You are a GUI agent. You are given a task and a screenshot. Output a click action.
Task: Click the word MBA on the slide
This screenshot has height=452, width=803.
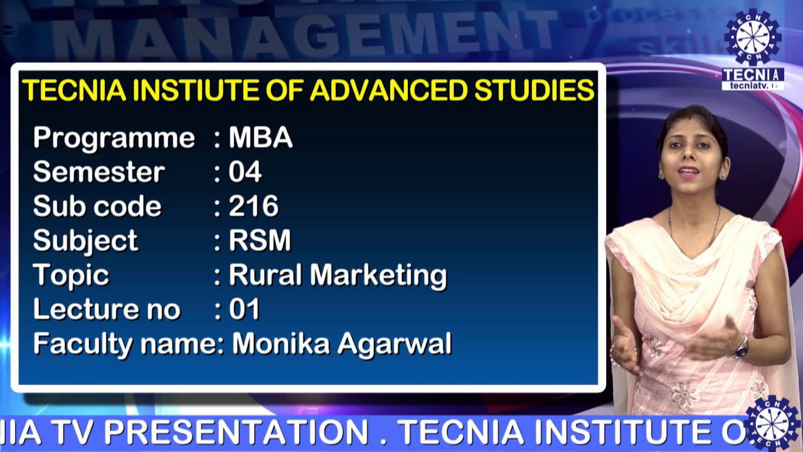point(260,137)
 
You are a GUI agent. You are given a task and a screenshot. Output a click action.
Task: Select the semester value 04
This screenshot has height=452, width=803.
point(245,172)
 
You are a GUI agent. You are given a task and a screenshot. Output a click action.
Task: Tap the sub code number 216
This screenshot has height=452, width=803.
point(253,206)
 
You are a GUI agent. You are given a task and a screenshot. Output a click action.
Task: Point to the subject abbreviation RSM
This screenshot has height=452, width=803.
point(260,240)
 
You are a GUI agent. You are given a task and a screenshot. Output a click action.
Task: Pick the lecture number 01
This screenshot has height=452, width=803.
point(244,309)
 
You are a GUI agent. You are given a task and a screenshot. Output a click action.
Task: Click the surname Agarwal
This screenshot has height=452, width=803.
point(405,343)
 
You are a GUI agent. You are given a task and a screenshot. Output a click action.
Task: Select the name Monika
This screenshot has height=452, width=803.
point(281,343)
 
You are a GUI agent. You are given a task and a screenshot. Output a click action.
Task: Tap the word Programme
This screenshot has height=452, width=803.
point(114,137)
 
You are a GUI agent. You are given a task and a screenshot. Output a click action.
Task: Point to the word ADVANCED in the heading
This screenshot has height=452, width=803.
point(388,90)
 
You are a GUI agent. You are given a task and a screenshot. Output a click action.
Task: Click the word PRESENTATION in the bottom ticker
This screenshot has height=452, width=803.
point(236,432)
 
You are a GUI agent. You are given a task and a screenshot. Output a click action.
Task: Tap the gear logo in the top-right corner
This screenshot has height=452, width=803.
point(752,37)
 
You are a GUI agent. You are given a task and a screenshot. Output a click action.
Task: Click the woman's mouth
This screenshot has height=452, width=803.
point(688,171)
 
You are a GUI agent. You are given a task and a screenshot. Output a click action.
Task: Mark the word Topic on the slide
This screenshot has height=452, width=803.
point(71,275)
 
